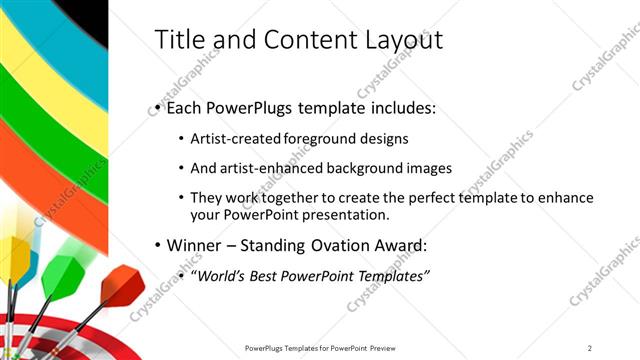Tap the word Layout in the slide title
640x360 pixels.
[x=400, y=39]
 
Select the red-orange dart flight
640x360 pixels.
[x=122, y=284]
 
